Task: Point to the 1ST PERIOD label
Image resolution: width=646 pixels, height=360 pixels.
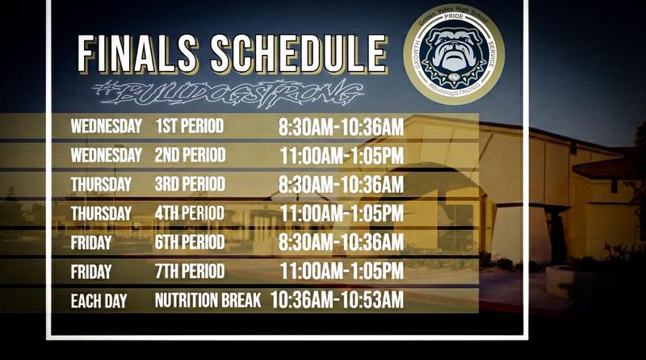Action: pyautogui.click(x=189, y=127)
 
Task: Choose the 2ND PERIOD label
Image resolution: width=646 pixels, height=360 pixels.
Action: pyautogui.click(x=190, y=155)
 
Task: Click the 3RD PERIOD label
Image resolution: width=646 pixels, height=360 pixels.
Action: pyautogui.click(x=190, y=184)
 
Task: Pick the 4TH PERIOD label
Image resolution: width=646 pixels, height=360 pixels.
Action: pyautogui.click(x=190, y=213)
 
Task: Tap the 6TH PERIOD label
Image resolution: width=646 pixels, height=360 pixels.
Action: pyautogui.click(x=190, y=242)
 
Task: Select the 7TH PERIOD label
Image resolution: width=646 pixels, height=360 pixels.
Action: pyautogui.click(x=190, y=271)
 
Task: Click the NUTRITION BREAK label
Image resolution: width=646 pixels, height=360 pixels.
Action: pyautogui.click(x=208, y=301)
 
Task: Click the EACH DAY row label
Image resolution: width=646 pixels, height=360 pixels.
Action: pyautogui.click(x=100, y=302)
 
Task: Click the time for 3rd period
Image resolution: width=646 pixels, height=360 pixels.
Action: pyautogui.click(x=341, y=184)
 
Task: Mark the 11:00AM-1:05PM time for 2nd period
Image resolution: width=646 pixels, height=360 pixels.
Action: pyautogui.click(x=342, y=155)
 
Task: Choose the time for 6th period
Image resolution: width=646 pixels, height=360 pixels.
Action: pyautogui.click(x=341, y=242)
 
